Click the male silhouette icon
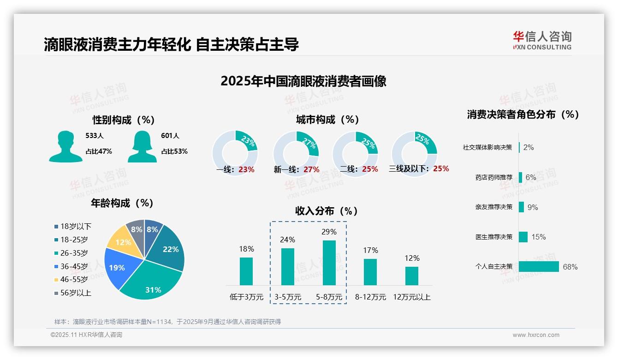pyautogui.click(x=65, y=147)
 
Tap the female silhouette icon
pyautogui.click(x=142, y=147)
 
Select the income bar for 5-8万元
pyautogui.click(x=329, y=263)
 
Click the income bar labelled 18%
pyautogui.click(x=246, y=271)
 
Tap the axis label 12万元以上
pyautogui.click(x=411, y=297)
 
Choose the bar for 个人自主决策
pyautogui.click(x=539, y=267)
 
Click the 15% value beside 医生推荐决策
pyautogui.click(x=538, y=237)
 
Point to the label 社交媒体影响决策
pyautogui.click(x=487, y=147)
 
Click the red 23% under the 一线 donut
pyautogui.click(x=246, y=169)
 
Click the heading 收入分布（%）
pyautogui.click(x=327, y=211)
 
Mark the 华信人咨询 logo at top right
pyautogui.click(x=542, y=40)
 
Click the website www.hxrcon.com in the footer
pyautogui.click(x=536, y=335)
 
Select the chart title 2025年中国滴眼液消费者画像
pyautogui.click(x=303, y=81)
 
